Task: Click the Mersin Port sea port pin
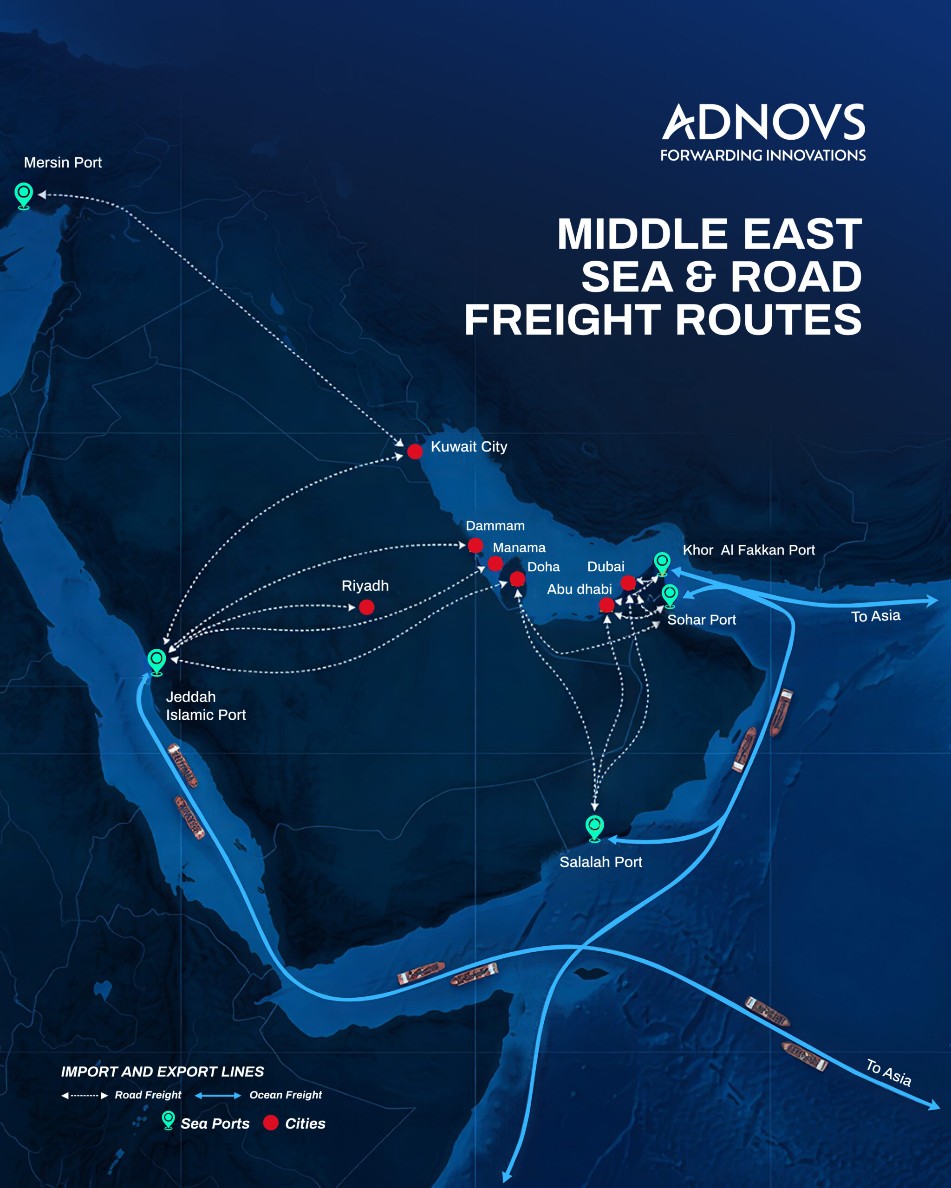point(24,194)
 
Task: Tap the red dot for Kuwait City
point(415,452)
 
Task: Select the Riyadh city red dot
point(367,607)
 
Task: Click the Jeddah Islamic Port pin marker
point(156,661)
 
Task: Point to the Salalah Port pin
point(594,827)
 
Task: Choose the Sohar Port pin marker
point(670,595)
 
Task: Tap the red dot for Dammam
point(475,546)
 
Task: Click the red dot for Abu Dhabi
point(606,605)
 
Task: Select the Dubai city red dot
point(628,582)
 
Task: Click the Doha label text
point(543,567)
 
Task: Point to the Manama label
point(519,548)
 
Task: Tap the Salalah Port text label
point(600,862)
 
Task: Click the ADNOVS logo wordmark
point(763,123)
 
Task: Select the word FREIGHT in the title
point(562,320)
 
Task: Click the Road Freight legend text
point(148,1095)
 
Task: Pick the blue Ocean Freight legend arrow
point(218,1096)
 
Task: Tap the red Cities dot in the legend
point(271,1123)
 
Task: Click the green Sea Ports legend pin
point(168,1120)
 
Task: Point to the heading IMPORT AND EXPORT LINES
point(162,1072)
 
